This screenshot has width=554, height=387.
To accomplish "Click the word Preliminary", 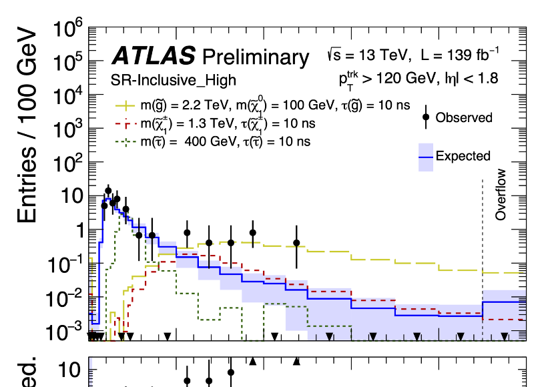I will pos(256,57).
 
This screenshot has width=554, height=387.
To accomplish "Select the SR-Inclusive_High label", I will pos(173,81).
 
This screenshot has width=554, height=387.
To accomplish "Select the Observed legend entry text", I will pos(464,117).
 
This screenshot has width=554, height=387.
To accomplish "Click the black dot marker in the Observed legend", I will pos(425,117).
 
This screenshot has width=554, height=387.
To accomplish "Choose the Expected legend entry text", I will pos(463,156).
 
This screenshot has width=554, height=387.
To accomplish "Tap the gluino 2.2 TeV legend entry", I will pos(267,105).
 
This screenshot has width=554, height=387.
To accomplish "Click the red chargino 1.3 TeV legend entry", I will pos(220,123).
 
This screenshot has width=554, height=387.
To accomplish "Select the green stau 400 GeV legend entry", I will pos(220,141).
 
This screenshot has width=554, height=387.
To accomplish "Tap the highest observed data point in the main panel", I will pos(108,191).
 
